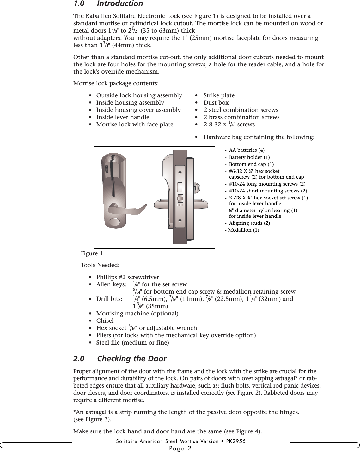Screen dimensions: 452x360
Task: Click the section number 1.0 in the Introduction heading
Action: pyautogui.click(x=79, y=4)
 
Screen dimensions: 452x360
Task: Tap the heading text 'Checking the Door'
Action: pyautogui.click(x=131, y=359)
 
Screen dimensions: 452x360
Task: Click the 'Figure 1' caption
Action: pyautogui.click(x=92, y=253)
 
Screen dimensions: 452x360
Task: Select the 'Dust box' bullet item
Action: pyautogui.click(x=216, y=103)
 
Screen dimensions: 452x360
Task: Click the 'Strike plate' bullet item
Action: pyautogui.click(x=219, y=95)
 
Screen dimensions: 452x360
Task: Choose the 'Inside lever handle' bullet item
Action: pyautogui.click(x=123, y=117)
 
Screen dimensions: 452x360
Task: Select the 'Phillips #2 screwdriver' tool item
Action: pyautogui.click(x=127, y=277)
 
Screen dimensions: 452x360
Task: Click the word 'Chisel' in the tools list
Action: pyautogui.click(x=105, y=321)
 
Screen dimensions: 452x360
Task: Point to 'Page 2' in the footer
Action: pyautogui.click(x=180, y=448)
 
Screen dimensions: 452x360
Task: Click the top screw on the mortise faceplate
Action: pyautogui.click(x=180, y=173)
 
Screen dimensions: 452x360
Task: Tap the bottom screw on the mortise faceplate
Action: pyautogui.click(x=180, y=221)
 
